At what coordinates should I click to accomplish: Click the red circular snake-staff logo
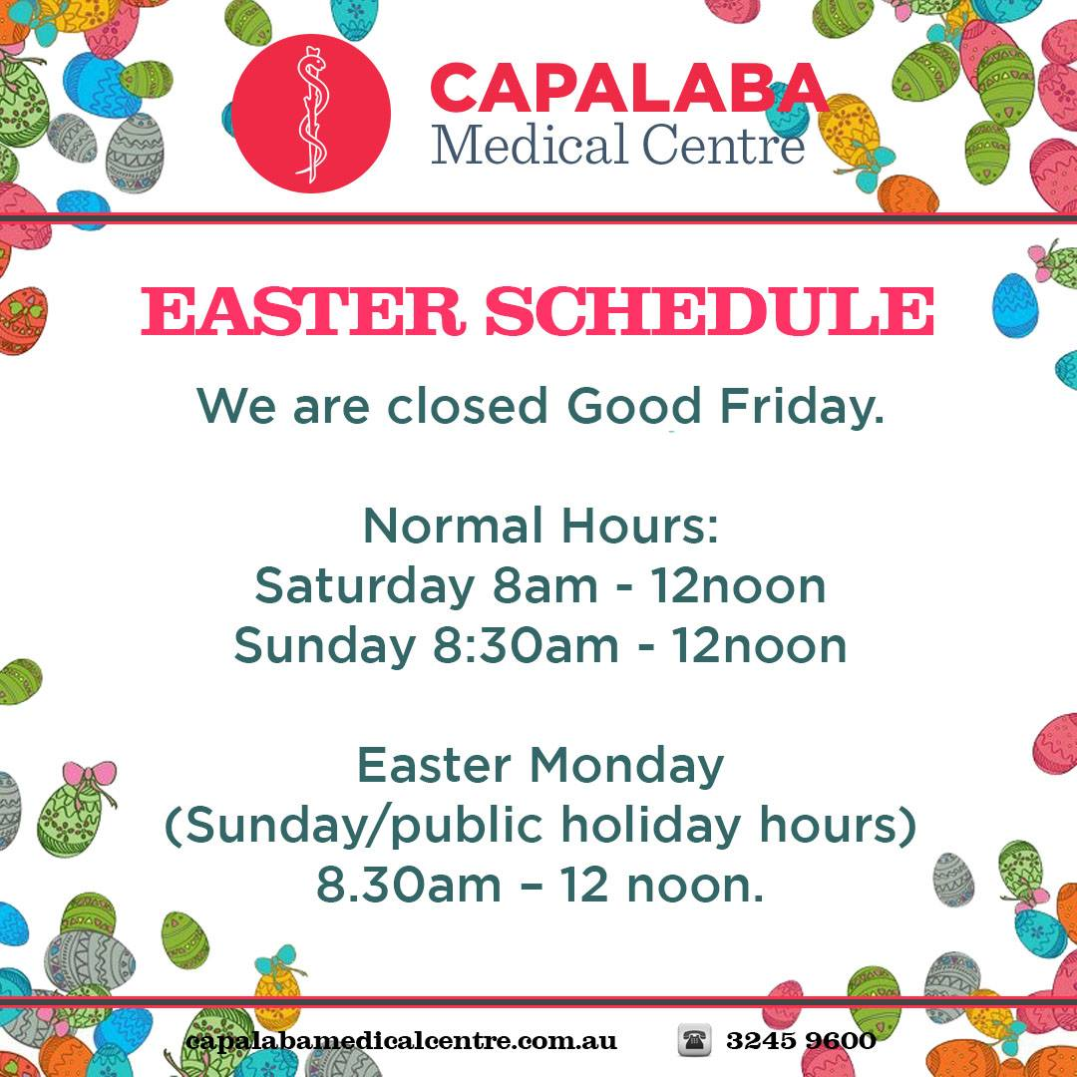tap(311, 113)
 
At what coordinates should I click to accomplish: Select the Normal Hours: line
tap(539, 527)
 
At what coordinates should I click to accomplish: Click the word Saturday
tap(364, 586)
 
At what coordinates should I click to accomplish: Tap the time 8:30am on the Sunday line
tap(526, 646)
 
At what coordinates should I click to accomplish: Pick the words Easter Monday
tap(539, 766)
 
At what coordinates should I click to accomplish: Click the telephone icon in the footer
tap(694, 1040)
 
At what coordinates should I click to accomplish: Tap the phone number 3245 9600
tap(801, 1041)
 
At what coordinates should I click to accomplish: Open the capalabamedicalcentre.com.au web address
tap(401, 1041)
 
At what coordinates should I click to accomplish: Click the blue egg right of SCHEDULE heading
tap(1015, 305)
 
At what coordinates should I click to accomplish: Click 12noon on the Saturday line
tap(738, 586)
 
